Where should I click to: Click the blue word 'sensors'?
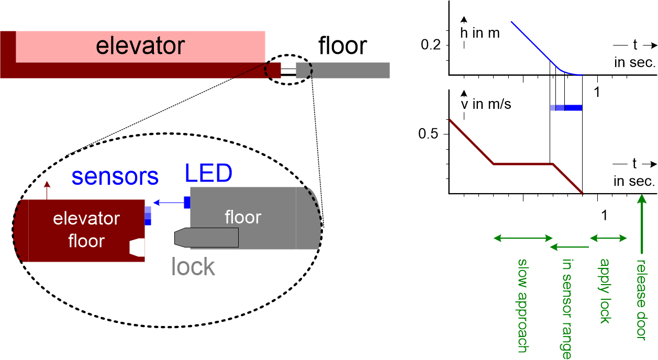click(115, 177)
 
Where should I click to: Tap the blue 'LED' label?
click(208, 173)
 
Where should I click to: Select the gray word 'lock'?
click(193, 266)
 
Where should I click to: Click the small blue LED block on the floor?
click(187, 202)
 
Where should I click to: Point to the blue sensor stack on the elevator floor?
click(148, 216)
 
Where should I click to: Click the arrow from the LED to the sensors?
click(168, 202)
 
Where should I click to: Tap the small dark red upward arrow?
click(47, 190)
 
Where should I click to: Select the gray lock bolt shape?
click(207, 238)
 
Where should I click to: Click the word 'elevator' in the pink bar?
click(140, 46)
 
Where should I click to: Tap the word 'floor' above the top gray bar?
click(343, 46)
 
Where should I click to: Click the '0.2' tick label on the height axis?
click(432, 45)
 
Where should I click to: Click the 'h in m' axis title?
click(480, 33)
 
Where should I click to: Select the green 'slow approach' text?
click(523, 303)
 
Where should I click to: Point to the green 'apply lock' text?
click(605, 291)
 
